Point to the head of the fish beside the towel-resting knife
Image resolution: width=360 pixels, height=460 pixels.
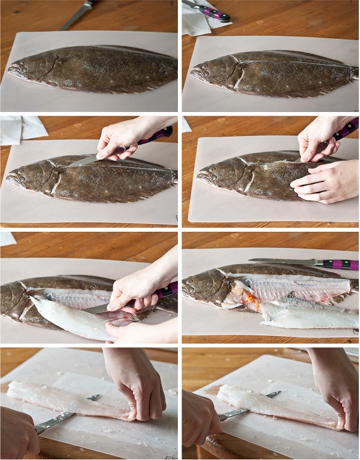(x=207, y=72)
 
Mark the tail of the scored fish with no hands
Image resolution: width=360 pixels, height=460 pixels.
(x=353, y=72)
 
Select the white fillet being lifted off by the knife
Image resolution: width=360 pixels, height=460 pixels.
(x=66, y=317)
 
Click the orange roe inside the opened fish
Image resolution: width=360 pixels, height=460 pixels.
(x=252, y=299)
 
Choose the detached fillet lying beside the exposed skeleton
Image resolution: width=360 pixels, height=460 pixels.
(x=305, y=316)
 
